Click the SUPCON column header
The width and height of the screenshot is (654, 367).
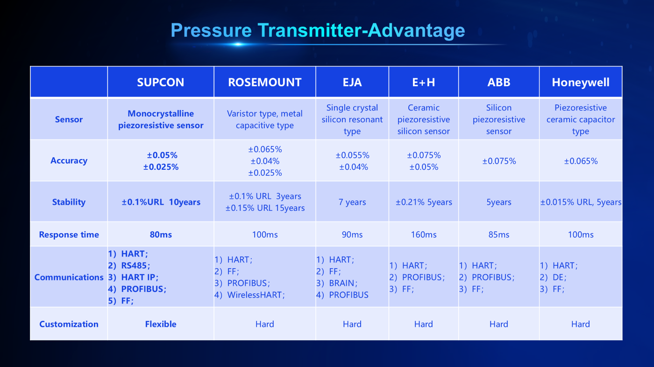pos(161,82)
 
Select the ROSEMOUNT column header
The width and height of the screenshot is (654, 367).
pos(264,82)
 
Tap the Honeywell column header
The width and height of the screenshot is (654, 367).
pos(580,82)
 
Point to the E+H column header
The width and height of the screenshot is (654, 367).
pos(423,82)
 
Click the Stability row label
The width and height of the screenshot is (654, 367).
pos(69,202)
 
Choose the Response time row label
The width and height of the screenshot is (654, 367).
pos(69,235)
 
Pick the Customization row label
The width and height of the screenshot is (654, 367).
pos(69,324)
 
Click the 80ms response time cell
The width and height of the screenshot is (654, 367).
pos(161,235)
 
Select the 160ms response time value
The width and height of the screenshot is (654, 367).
pos(423,235)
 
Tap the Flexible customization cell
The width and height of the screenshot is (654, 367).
pos(161,324)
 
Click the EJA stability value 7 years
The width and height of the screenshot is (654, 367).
pos(352,202)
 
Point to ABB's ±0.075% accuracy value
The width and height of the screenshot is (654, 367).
pos(499,161)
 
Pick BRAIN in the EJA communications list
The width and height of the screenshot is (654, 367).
pos(341,283)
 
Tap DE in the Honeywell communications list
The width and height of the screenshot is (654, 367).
pos(558,277)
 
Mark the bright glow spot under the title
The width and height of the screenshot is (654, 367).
pos(238,44)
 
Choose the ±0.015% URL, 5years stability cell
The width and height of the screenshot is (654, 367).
pos(581,202)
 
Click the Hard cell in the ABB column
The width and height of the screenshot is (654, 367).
pos(499,324)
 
